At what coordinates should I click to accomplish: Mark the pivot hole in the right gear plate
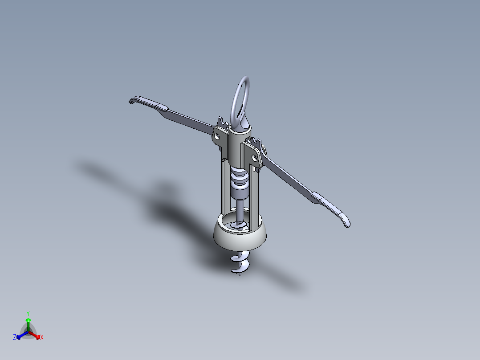[256, 158]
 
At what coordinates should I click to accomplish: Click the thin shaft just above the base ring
[240, 212]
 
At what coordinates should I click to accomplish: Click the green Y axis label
[28, 313]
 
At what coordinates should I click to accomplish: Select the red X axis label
[42, 338]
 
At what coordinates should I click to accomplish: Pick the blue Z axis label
[15, 338]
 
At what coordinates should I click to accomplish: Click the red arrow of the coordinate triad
[36, 335]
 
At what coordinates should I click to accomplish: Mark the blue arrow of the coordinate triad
[20, 335]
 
